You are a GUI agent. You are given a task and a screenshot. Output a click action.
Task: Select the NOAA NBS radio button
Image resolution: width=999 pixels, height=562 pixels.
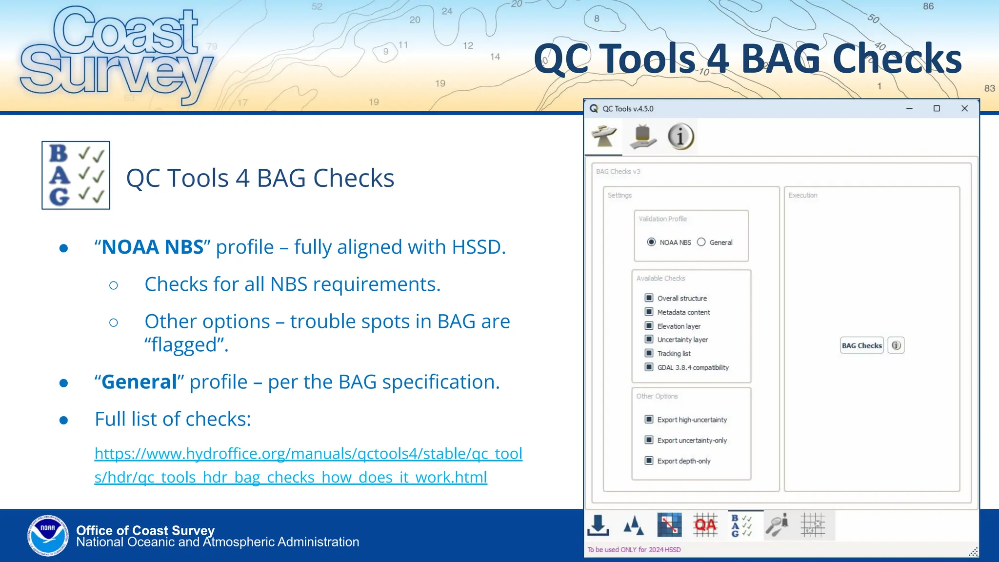[651, 242]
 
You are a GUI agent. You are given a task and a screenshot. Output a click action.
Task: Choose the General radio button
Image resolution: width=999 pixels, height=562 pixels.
[701, 242]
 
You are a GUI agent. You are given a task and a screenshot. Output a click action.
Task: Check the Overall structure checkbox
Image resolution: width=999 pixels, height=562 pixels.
[649, 298]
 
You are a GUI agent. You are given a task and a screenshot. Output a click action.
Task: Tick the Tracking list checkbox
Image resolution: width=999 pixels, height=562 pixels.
[649, 353]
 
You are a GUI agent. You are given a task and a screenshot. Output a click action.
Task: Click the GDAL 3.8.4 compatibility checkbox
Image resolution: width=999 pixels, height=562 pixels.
[649, 367]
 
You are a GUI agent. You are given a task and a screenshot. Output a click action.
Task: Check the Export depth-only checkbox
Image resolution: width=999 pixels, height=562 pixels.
[649, 461]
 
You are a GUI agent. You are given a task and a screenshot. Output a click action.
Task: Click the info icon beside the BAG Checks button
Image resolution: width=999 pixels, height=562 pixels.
[896, 345]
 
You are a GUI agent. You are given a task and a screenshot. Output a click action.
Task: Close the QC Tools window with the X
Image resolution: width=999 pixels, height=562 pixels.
[964, 108]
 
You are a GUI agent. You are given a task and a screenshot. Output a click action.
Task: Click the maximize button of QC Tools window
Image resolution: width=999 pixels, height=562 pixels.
[937, 108]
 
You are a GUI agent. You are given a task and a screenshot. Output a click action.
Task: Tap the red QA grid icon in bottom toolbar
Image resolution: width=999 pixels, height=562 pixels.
[705, 525]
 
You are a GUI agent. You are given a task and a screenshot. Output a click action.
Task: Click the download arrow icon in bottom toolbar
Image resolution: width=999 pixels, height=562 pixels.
[598, 525]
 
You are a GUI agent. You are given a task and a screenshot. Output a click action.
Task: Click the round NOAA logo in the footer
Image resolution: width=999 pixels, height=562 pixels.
[48, 535]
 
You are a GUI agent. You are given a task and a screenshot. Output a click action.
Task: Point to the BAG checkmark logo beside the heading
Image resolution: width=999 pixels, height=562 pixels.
[76, 175]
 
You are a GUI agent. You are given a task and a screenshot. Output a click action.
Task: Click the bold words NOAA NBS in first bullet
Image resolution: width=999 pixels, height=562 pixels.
[152, 247]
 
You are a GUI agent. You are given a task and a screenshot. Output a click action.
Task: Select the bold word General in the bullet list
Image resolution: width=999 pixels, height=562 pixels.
[139, 382]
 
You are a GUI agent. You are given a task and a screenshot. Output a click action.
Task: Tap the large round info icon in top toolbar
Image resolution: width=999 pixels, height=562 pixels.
[680, 136]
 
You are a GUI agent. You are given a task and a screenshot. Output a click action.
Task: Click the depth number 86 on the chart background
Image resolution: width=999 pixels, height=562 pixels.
[928, 6]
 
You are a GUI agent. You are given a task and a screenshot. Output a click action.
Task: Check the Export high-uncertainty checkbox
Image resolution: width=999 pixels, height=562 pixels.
[649, 419]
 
